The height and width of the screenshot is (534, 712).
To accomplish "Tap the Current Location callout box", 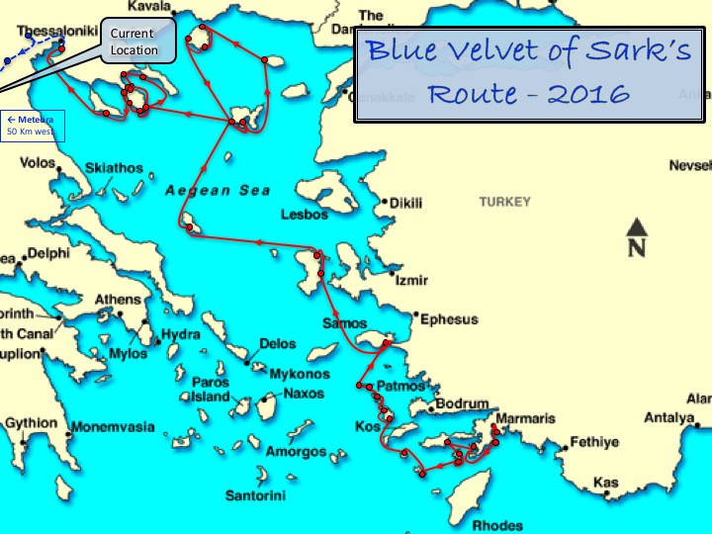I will click(x=133, y=42).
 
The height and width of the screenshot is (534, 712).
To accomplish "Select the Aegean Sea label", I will click(x=218, y=190).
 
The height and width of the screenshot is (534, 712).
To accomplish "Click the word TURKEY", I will click(x=504, y=202).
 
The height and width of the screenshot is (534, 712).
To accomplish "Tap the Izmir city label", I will click(x=410, y=281).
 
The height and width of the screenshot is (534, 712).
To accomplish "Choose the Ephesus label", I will click(x=449, y=319).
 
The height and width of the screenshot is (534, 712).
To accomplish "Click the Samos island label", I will click(x=345, y=324).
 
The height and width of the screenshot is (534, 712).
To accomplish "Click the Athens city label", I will click(x=118, y=300).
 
